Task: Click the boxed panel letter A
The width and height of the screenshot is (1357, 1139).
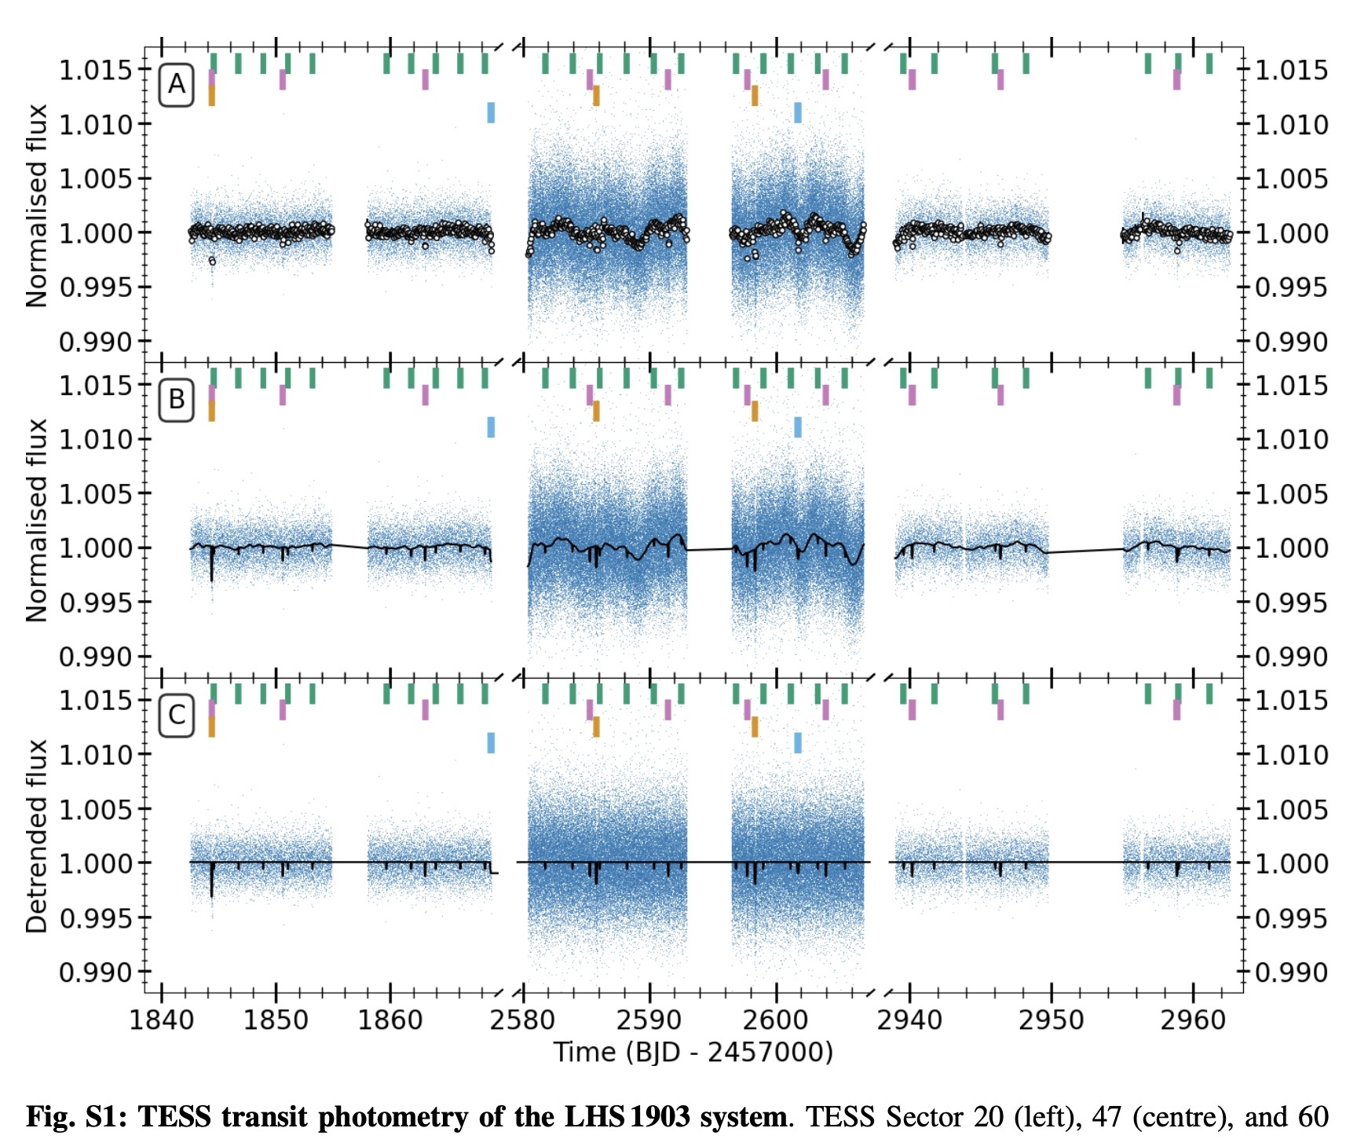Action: pos(177,83)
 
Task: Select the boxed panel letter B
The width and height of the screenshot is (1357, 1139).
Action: pos(177,399)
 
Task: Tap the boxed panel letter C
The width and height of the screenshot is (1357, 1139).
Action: pos(177,715)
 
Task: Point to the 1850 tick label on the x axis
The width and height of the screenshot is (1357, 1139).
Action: pos(276,1020)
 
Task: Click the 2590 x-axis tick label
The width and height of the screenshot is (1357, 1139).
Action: pos(649,1020)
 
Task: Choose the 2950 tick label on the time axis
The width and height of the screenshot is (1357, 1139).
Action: pos(1051,1020)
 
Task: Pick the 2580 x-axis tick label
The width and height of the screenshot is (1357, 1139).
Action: pos(522,1020)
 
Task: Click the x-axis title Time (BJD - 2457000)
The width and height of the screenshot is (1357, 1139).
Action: pos(693,1052)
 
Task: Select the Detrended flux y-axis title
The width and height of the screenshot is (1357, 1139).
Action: pos(37,836)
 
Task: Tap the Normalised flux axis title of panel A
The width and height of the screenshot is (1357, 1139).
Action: pos(37,206)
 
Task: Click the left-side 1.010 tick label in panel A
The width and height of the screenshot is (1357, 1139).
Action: pos(94,124)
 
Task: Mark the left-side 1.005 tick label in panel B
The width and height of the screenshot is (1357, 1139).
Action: pos(94,494)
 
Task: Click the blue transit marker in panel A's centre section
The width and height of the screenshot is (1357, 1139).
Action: pos(798,112)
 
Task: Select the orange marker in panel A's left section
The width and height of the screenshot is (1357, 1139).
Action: pos(212,96)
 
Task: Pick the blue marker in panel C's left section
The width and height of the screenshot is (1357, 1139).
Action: pos(491,742)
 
